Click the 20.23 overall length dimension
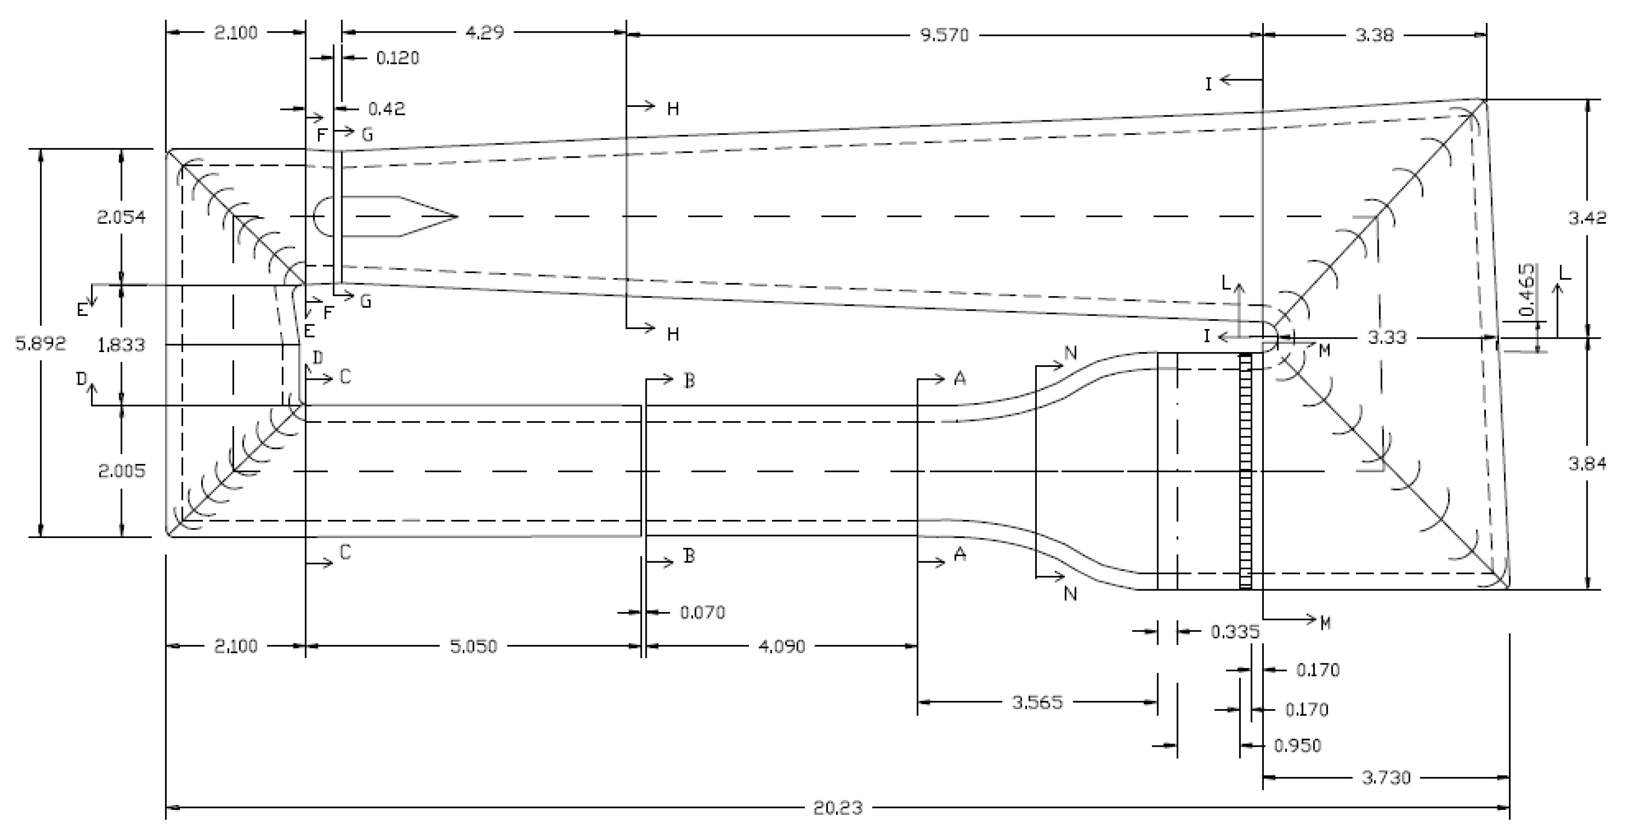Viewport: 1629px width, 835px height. tap(838, 808)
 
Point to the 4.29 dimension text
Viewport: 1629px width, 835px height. tap(485, 32)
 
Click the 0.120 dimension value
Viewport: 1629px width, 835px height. tap(398, 58)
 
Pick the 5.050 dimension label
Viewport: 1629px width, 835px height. tap(474, 646)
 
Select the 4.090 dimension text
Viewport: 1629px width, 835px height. tap(782, 646)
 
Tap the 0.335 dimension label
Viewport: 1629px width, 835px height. tap(1235, 631)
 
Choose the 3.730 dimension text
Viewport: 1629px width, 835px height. tap(1386, 778)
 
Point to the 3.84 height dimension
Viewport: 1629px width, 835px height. tap(1587, 464)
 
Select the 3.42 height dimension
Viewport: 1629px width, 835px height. tap(1587, 218)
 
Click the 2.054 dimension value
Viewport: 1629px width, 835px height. tap(121, 218)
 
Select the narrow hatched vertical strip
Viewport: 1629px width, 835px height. tap(1245, 471)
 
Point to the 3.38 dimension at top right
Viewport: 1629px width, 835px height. tap(1375, 35)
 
